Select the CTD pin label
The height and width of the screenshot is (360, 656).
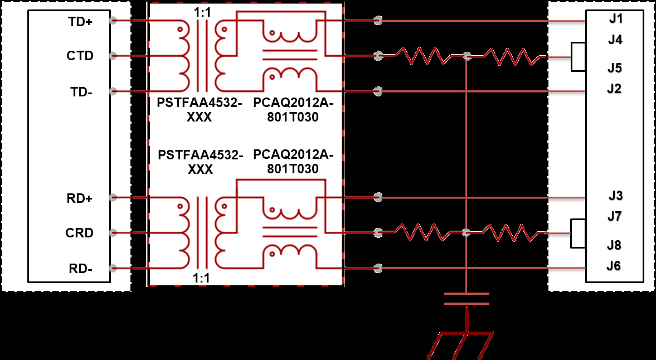(x=80, y=56)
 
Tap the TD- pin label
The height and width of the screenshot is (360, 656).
(x=81, y=92)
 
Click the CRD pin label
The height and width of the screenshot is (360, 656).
(x=79, y=233)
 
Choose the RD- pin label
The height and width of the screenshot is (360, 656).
(x=81, y=269)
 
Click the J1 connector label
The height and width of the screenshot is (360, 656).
(x=615, y=20)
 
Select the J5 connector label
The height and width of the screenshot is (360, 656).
(x=615, y=69)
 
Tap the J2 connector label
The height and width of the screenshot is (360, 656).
(x=614, y=89)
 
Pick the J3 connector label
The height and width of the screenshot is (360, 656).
(x=615, y=196)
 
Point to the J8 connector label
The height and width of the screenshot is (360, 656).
(x=615, y=245)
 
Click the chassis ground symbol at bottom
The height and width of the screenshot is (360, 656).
(x=460, y=343)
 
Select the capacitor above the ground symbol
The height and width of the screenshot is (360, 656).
(x=467, y=299)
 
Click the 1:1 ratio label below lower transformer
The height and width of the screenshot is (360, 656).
(x=201, y=278)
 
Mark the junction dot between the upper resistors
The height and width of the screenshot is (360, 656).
(x=467, y=56)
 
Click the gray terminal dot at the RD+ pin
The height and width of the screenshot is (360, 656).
(x=113, y=197)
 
